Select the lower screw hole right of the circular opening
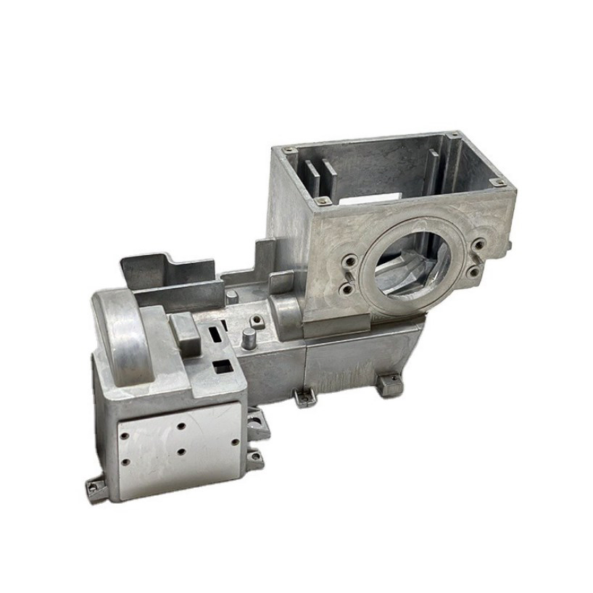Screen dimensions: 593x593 click(x=472, y=271)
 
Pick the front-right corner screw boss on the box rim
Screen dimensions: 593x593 click(x=497, y=182)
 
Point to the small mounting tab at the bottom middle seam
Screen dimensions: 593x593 click(x=304, y=396)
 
